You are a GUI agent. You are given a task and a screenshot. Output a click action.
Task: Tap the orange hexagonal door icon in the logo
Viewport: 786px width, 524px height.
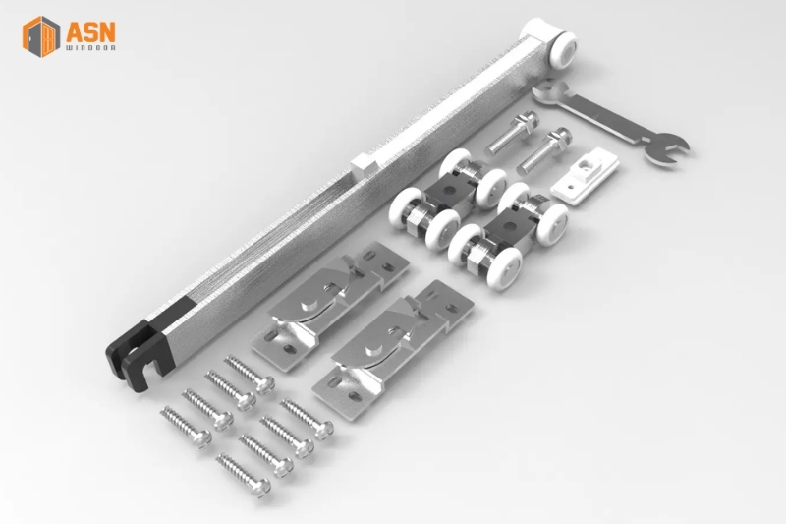[41, 36]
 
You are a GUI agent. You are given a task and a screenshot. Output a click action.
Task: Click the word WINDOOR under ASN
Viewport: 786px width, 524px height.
[90, 48]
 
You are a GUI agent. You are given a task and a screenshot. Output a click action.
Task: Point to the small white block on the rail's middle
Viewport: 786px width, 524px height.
[365, 164]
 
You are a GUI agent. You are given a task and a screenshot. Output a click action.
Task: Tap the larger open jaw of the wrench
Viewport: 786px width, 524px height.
[667, 149]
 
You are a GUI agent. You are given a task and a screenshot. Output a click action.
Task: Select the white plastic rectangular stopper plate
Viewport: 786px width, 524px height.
[585, 177]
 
